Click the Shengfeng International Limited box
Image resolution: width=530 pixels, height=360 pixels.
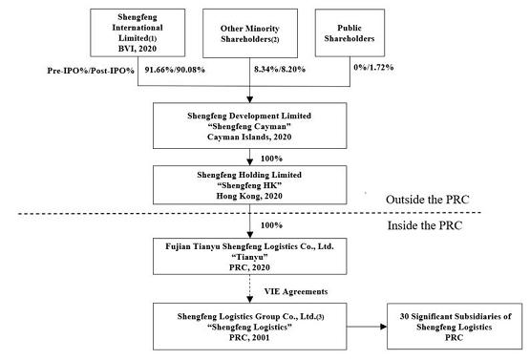138,32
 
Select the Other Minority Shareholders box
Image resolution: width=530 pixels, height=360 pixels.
250,33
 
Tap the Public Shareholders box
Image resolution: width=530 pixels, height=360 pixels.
350,32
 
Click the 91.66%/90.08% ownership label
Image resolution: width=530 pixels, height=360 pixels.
175,70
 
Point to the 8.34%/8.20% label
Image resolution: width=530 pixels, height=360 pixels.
280,70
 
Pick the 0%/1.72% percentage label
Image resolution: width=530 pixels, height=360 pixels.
373,67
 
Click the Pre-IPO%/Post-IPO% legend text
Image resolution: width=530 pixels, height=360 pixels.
91,71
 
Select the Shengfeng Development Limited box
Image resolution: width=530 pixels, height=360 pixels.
250,126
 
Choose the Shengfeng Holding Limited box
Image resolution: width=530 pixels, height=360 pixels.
250,185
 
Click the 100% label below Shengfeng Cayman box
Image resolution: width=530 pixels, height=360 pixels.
271,159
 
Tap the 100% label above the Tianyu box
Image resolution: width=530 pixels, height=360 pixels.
271,225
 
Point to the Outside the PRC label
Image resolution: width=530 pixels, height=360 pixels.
428,200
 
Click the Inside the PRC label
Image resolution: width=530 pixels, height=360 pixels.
425,225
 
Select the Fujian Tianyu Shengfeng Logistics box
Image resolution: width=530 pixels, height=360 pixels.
250,256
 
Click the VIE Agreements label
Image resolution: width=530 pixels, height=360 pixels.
296,291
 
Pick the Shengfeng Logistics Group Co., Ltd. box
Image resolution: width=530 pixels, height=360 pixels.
250,327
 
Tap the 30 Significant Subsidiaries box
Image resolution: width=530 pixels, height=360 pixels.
455,327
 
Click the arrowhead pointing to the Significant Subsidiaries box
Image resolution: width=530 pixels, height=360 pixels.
384,327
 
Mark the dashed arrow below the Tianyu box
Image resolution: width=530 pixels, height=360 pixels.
250,288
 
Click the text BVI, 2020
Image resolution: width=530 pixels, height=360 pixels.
138,49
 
